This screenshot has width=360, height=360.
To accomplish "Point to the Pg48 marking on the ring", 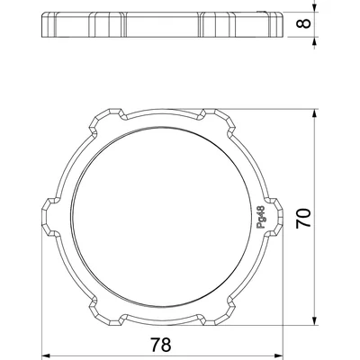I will tap(260, 217).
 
